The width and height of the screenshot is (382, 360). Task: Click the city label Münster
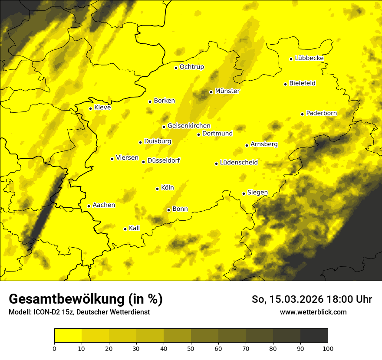coord(227,91)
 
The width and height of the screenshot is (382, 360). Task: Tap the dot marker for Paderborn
coord(303,114)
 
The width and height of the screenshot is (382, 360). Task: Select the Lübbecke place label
coord(309,58)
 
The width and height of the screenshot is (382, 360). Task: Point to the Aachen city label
coord(104,205)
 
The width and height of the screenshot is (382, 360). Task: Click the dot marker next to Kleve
coord(90,108)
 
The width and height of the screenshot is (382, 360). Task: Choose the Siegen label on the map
coord(257,193)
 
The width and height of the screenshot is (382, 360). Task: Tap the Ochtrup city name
coord(192,67)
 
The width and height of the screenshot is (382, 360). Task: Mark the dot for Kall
coord(125,229)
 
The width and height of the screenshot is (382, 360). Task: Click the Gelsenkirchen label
coord(189,126)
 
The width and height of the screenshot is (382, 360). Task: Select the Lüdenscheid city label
coord(239,163)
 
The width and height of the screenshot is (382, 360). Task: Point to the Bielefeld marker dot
coord(286,84)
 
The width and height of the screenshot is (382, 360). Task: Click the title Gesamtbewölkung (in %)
coord(86,299)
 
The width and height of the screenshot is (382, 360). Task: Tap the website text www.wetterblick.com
coord(313,312)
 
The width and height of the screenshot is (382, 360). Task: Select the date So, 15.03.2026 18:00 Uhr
coord(312,299)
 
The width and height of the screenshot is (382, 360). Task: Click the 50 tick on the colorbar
coord(191,348)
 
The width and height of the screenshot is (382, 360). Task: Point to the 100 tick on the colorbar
coord(328,348)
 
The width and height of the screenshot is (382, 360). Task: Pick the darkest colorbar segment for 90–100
coord(314,336)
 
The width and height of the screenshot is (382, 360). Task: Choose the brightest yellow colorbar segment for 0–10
coord(68,336)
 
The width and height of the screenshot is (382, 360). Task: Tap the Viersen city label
coord(127,158)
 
